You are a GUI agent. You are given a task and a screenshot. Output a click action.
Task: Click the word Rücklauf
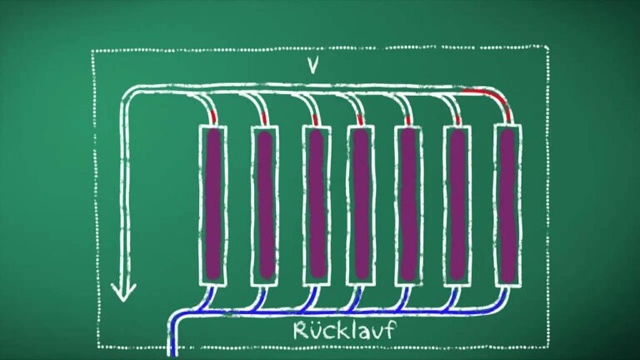point(343,330)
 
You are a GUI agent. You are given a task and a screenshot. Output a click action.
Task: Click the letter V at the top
point(314,66)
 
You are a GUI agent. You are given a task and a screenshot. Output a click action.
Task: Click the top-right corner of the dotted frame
point(547,48)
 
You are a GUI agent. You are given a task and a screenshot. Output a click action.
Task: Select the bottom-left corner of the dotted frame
point(97,345)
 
